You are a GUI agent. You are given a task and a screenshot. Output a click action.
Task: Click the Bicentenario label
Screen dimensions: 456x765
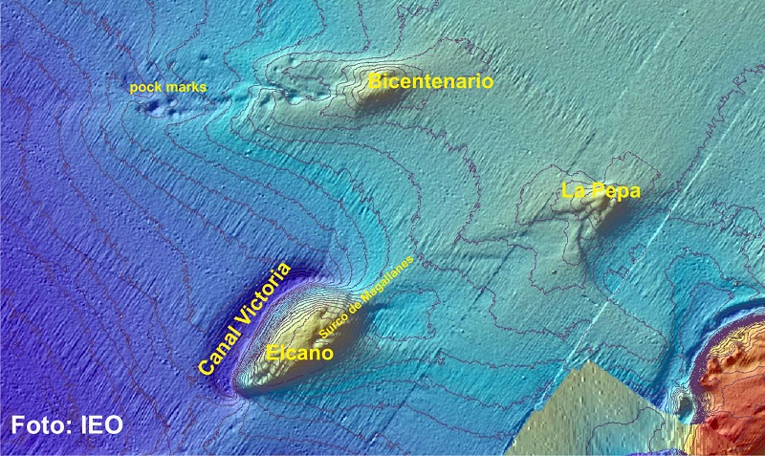tap(430, 81)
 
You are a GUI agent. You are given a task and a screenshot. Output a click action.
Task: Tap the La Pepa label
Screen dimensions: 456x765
tap(601, 191)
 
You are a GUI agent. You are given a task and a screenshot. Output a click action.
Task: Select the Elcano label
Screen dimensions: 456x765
tap(299, 353)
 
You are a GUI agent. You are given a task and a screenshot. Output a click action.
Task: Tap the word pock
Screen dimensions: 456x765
tap(146, 88)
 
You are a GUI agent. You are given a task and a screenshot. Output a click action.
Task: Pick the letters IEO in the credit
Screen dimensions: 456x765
tap(100, 423)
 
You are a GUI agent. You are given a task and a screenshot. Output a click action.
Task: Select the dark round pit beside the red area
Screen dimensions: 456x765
tap(684, 402)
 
